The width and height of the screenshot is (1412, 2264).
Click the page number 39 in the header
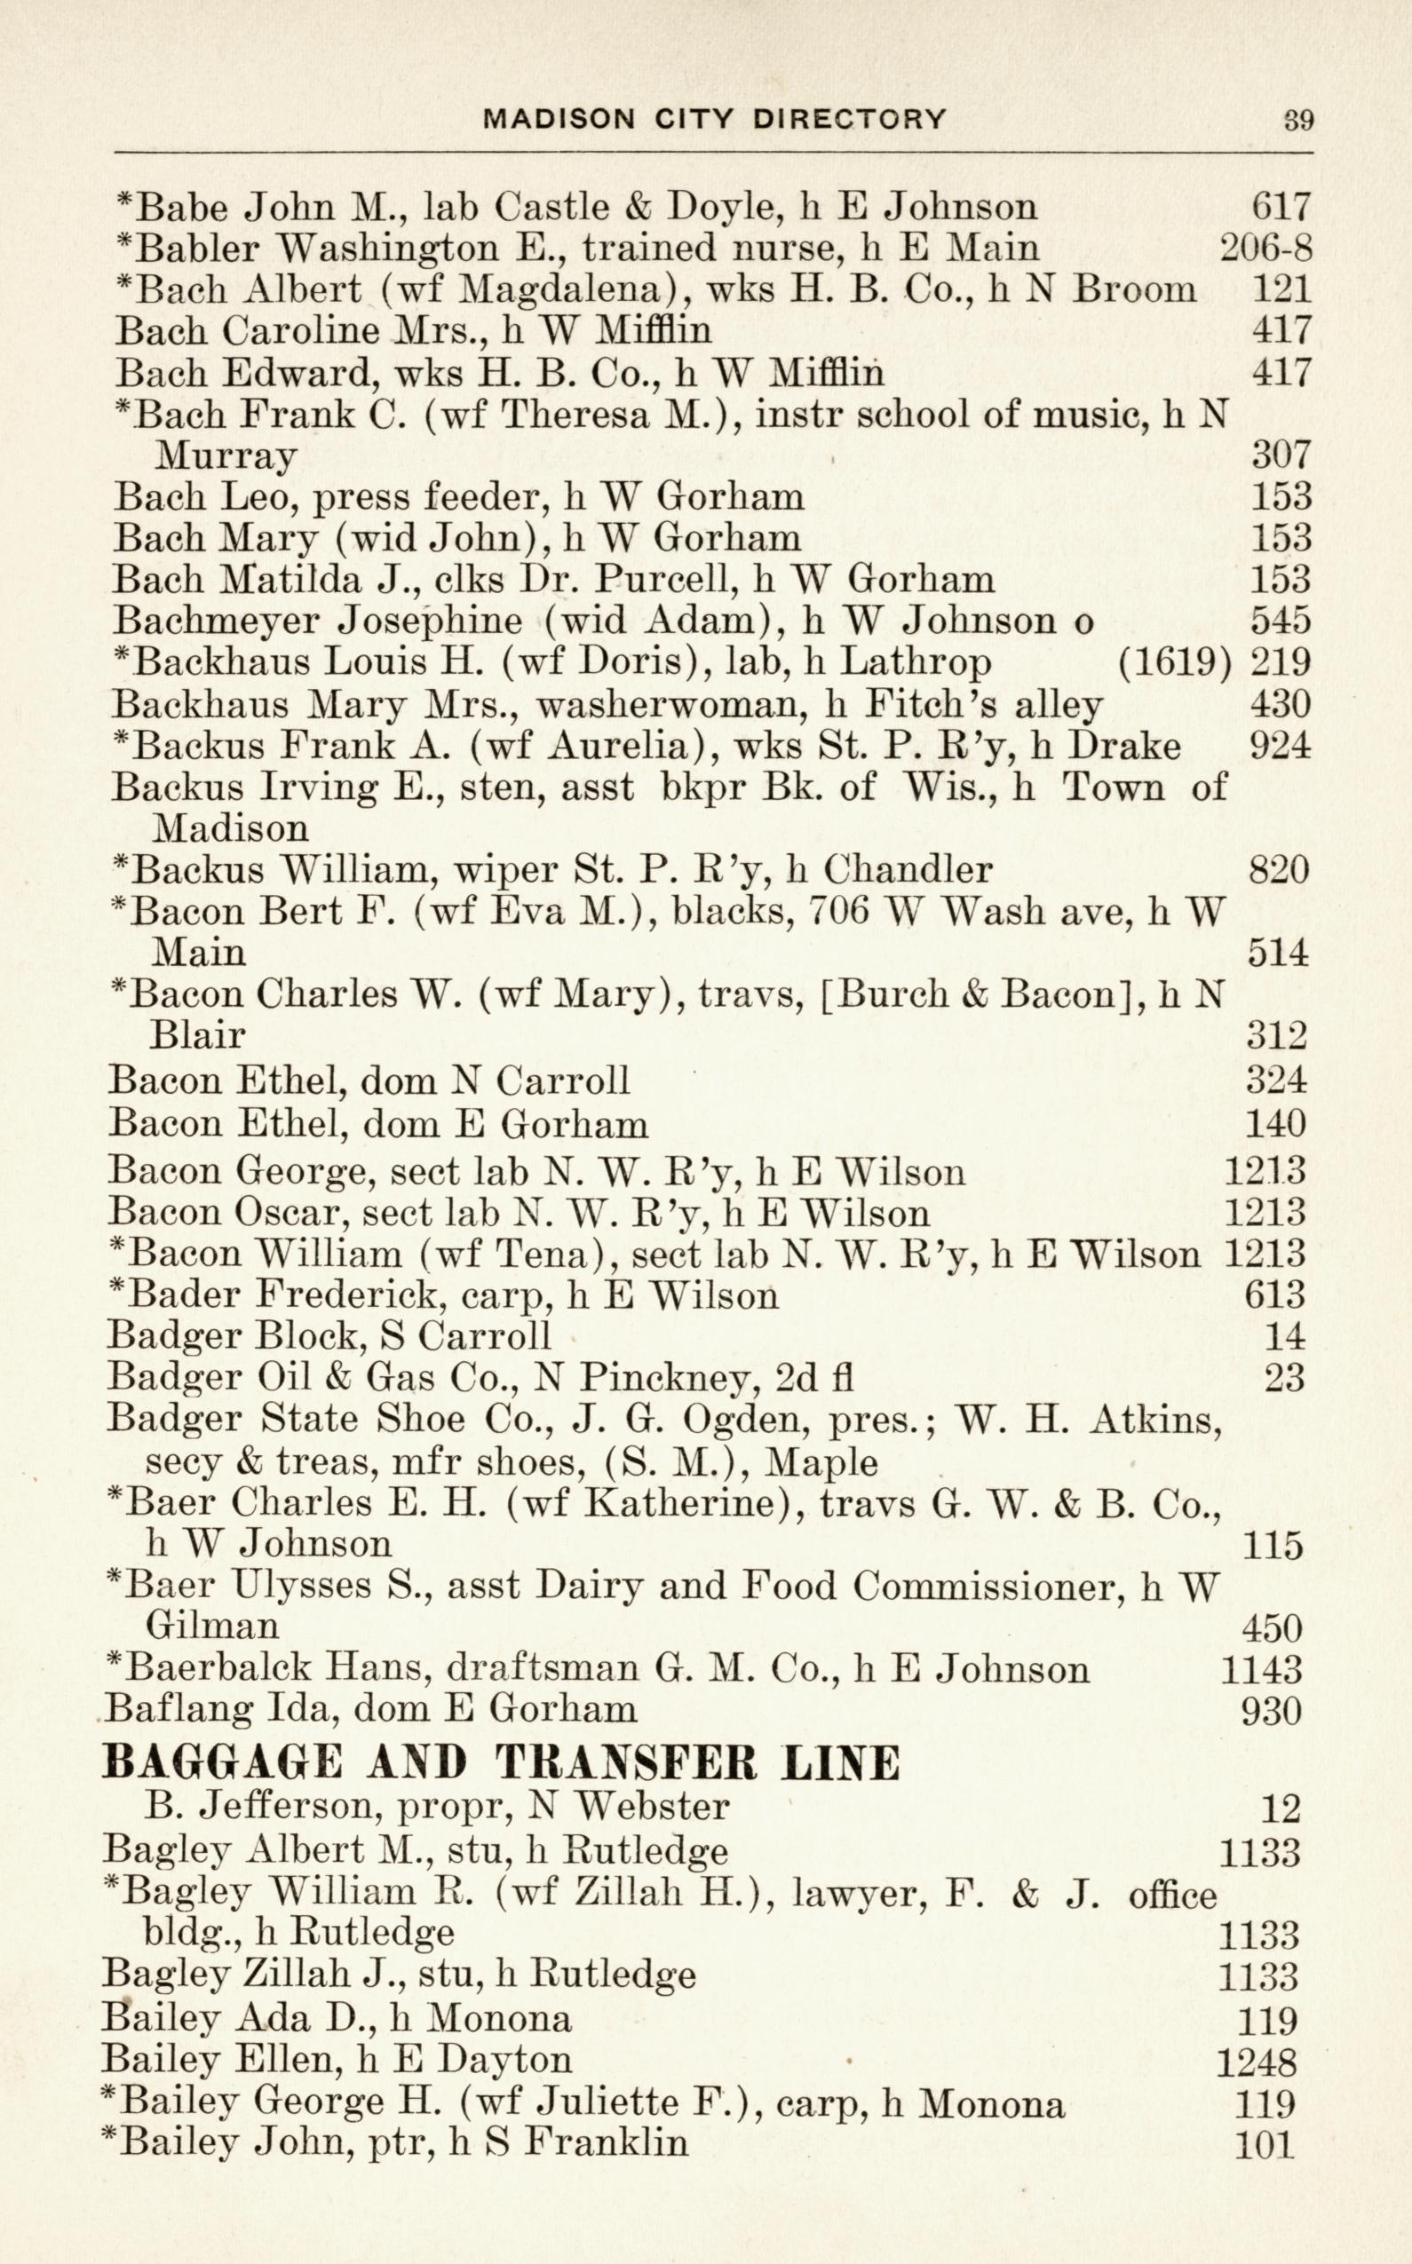(x=1297, y=121)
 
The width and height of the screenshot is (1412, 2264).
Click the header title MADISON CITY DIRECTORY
(x=714, y=120)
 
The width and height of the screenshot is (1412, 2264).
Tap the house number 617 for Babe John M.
(x=1281, y=206)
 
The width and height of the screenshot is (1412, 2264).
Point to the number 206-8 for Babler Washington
(x=1266, y=248)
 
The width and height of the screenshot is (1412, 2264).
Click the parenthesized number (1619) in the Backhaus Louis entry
(x=1174, y=663)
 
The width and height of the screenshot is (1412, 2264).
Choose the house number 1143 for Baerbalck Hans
(x=1261, y=1668)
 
